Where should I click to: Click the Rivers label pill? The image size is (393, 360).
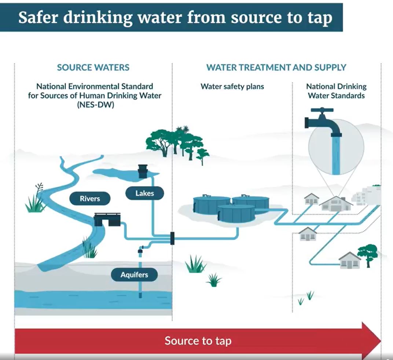pyautogui.click(x=90, y=199)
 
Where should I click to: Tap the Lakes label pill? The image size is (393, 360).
pyautogui.click(x=144, y=193)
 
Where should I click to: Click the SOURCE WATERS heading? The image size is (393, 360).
pyautogui.click(x=93, y=68)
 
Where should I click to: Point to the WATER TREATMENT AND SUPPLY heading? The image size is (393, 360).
pyautogui.click(x=276, y=68)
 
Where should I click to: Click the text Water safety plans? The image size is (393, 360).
pyautogui.click(x=232, y=87)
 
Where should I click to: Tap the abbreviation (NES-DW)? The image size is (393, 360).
pyautogui.click(x=95, y=104)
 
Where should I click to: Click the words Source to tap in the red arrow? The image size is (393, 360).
pyautogui.click(x=198, y=341)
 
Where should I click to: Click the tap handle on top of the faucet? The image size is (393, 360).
pyautogui.click(x=322, y=110)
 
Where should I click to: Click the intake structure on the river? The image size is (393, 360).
pyautogui.click(x=107, y=219)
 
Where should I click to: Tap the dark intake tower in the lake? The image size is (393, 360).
pyautogui.click(x=142, y=171)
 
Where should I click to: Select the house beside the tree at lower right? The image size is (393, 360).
pyautogui.click(x=349, y=261)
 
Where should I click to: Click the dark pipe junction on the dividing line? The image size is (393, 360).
pyautogui.click(x=172, y=238)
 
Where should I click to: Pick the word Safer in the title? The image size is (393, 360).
pyautogui.click(x=39, y=17)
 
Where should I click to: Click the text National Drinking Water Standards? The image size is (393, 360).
pyautogui.click(x=336, y=91)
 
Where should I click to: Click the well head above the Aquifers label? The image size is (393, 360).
pyautogui.click(x=140, y=250)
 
